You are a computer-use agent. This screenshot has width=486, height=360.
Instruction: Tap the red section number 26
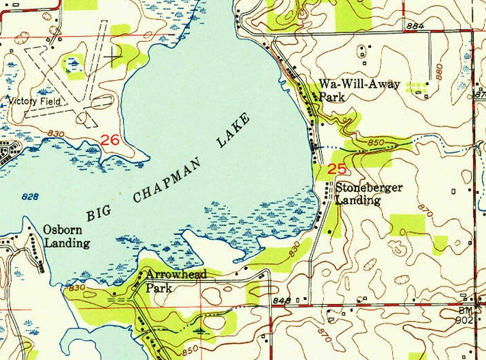(110, 141)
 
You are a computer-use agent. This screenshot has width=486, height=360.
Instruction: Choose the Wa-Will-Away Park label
(359, 90)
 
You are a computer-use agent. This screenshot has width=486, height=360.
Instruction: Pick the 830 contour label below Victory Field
(56, 134)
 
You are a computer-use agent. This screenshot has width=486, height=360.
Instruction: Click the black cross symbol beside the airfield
(112, 59)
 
